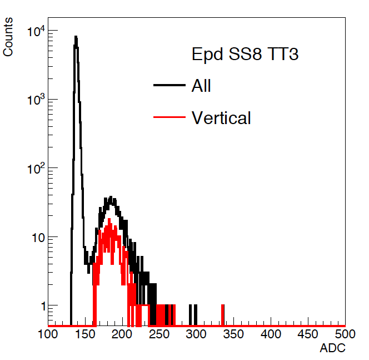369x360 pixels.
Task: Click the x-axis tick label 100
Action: [48, 334]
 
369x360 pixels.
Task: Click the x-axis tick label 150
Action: [85, 334]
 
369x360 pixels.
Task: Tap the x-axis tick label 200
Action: [122, 334]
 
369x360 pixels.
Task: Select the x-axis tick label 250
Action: [159, 334]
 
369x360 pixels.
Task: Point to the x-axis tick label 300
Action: [196, 334]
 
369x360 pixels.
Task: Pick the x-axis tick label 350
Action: [233, 334]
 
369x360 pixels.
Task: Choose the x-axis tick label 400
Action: [271, 334]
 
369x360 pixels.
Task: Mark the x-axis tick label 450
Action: [308, 334]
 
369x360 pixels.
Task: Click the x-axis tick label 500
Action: [345, 334]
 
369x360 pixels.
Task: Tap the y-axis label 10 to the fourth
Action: [36, 32]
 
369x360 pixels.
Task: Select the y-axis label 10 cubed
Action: [36, 100]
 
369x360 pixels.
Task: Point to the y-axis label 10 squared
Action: [36, 169]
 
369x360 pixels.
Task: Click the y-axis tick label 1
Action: [43, 307]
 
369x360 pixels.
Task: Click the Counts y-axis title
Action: [8, 37]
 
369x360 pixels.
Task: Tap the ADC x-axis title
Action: [332, 348]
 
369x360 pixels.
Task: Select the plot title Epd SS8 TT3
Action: [245, 54]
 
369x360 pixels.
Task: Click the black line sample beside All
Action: [169, 85]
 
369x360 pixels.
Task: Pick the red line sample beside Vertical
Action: [169, 117]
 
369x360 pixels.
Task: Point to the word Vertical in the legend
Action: [221, 118]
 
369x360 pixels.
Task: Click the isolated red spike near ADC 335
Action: [223, 315]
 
